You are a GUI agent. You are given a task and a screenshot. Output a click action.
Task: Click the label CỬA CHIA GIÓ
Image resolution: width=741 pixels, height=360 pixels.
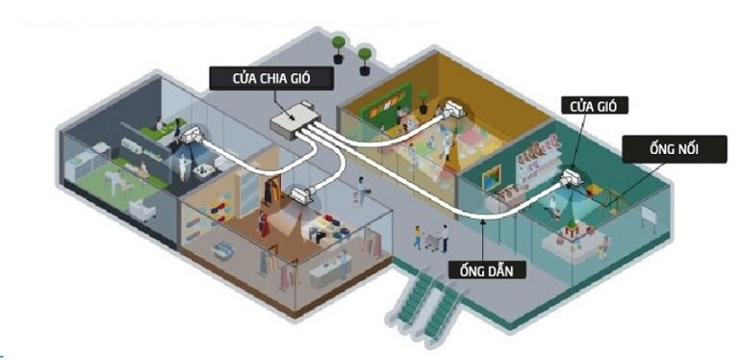272,76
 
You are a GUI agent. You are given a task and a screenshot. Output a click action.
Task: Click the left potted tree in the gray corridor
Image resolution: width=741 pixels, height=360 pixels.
338,49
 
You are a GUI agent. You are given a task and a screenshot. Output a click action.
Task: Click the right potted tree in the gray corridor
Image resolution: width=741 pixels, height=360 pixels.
365,57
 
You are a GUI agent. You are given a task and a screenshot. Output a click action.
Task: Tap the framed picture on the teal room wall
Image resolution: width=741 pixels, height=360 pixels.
492,177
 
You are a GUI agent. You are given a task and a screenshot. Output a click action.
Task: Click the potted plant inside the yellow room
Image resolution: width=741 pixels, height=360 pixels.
422,99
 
